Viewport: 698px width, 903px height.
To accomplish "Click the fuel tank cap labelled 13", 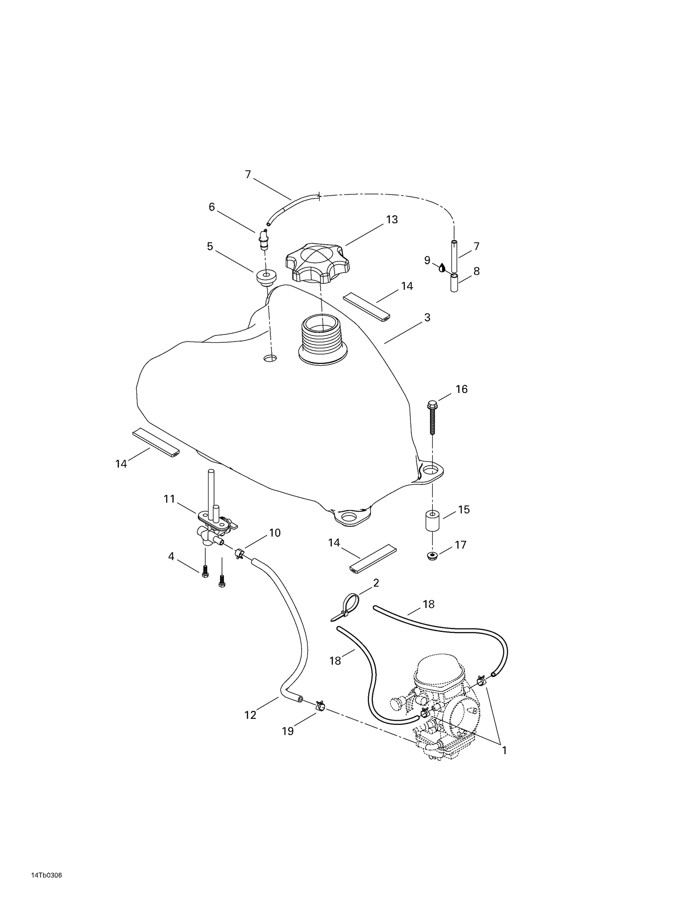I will pos(317,263).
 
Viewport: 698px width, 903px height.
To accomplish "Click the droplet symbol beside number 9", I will pos(442,267).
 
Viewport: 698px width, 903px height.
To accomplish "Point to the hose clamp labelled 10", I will pos(240,553).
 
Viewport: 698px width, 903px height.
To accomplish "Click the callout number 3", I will pos(427,318).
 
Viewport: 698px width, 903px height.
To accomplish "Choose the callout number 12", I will pos(250,716).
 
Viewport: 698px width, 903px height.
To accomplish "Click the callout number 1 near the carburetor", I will pos(504,750).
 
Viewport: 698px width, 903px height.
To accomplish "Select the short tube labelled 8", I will pos(454,283).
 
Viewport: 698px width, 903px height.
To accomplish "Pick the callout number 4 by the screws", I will pos(171,556).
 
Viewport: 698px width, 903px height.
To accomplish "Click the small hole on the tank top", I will pos(270,358).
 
